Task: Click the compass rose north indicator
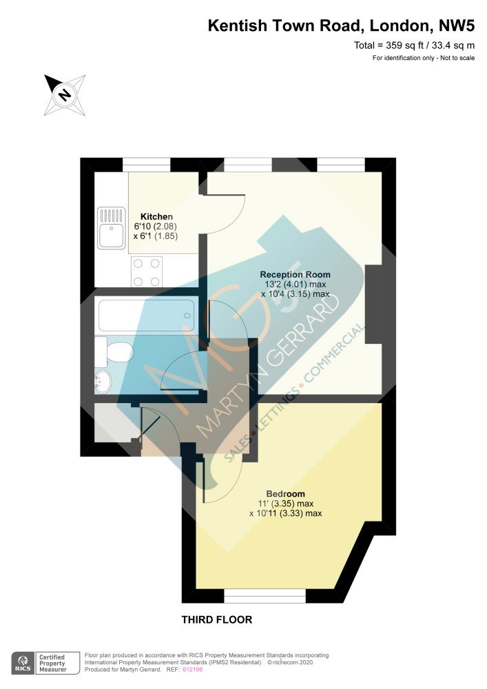(65, 95)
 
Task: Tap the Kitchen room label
(156, 216)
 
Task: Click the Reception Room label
(295, 275)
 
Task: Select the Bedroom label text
(285, 494)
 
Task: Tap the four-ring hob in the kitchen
(147, 272)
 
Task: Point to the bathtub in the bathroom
(146, 316)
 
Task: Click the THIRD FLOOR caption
(217, 619)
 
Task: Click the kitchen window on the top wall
(146, 165)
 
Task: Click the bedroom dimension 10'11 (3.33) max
(285, 513)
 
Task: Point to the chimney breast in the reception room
(373, 304)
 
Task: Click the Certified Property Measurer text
(53, 664)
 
